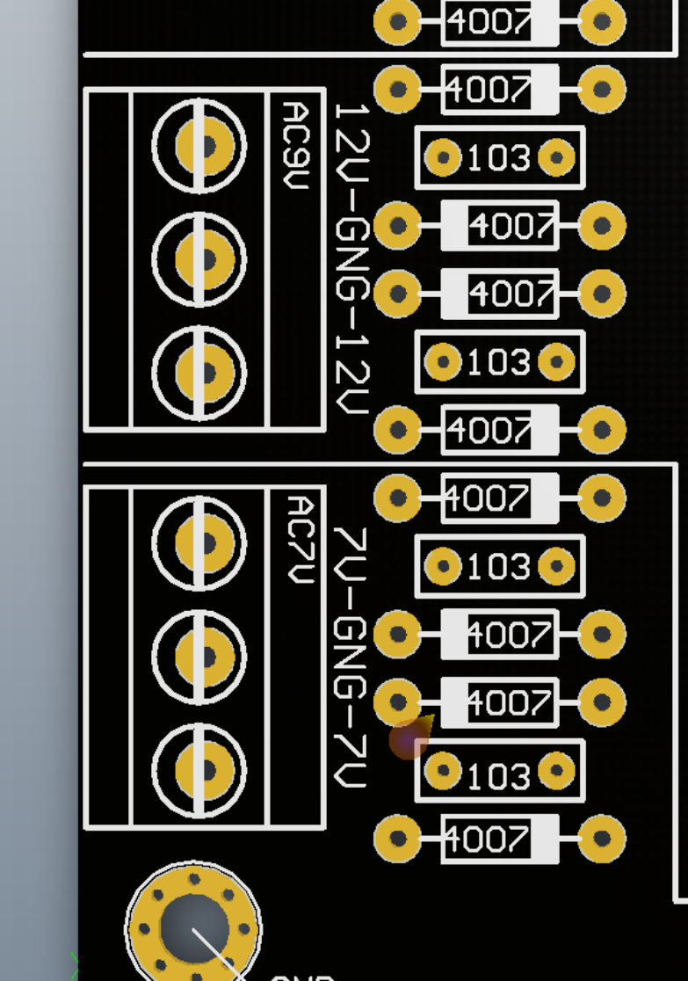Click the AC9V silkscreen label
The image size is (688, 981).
point(296,144)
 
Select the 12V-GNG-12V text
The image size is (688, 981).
point(352,259)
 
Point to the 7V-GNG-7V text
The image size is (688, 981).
point(351,657)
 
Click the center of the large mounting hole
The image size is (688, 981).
point(194,927)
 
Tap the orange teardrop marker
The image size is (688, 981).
point(409,739)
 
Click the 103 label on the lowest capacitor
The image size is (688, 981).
point(499,776)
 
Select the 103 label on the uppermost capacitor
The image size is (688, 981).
point(499,158)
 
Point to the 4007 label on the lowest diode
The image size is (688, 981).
point(487,839)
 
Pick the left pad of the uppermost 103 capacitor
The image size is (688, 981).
point(443,158)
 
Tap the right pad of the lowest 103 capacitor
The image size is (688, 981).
point(556,771)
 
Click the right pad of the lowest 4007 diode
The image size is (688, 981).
point(602,838)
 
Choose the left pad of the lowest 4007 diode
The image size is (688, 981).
point(398,838)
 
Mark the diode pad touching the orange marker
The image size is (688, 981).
point(398,702)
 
